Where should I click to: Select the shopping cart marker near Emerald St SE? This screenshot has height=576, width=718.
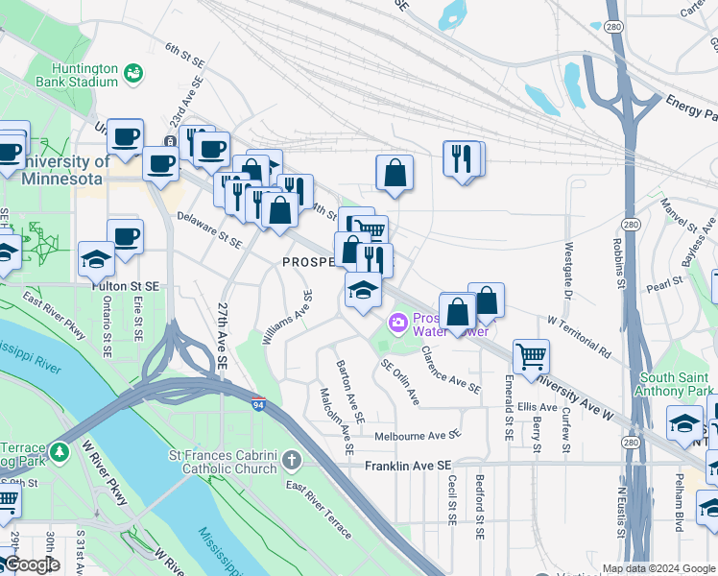click(530, 356)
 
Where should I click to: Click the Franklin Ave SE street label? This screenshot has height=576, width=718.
click(408, 465)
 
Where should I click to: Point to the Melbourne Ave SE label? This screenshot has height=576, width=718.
click(418, 435)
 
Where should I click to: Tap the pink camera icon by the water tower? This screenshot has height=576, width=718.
click(395, 322)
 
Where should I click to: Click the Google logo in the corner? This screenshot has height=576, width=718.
click(32, 564)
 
